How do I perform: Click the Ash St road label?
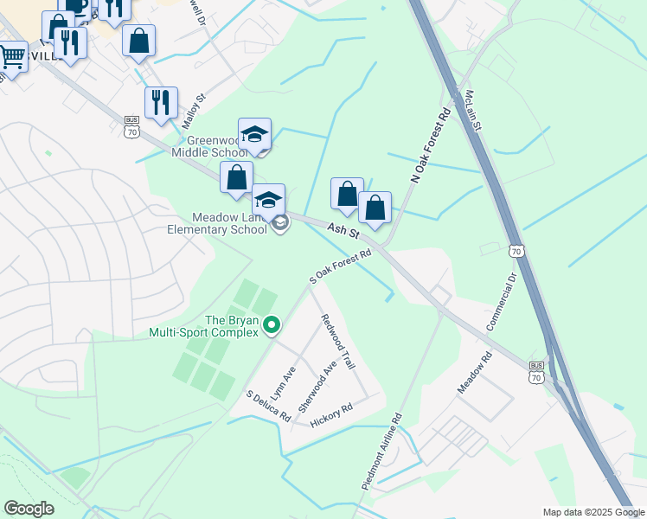tap(344, 231)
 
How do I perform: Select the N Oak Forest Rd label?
tap(432, 144)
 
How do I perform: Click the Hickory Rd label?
tap(335, 414)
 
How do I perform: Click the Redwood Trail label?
tap(337, 343)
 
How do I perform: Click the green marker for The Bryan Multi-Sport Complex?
tap(272, 325)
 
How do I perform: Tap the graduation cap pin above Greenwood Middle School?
tap(254, 134)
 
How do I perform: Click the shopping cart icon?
tap(12, 57)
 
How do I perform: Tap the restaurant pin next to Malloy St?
tap(161, 102)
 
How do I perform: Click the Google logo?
tap(29, 509)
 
